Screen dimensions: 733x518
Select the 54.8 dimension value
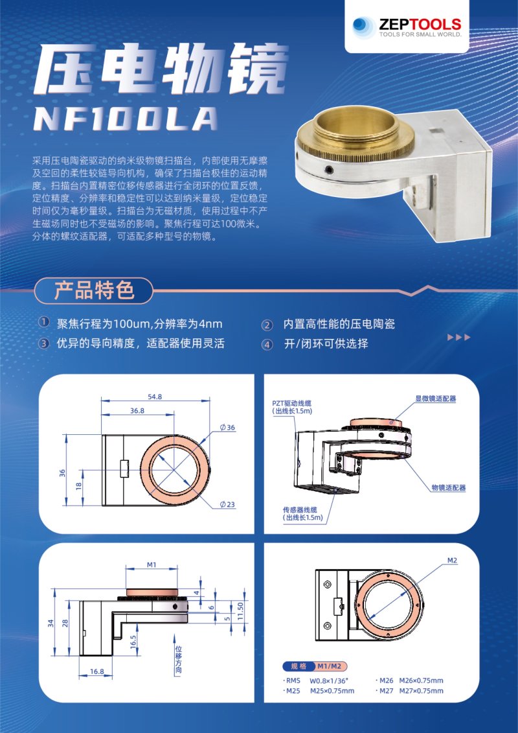click(x=155, y=397)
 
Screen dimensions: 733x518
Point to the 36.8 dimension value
click(x=137, y=410)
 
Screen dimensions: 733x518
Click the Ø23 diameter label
click(x=227, y=504)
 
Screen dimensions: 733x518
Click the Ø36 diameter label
click(x=227, y=427)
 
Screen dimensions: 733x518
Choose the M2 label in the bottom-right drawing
click(x=452, y=559)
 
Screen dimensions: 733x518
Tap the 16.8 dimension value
click(x=96, y=671)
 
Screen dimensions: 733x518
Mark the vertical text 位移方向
click(x=178, y=659)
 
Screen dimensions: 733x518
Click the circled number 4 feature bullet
click(x=267, y=344)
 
